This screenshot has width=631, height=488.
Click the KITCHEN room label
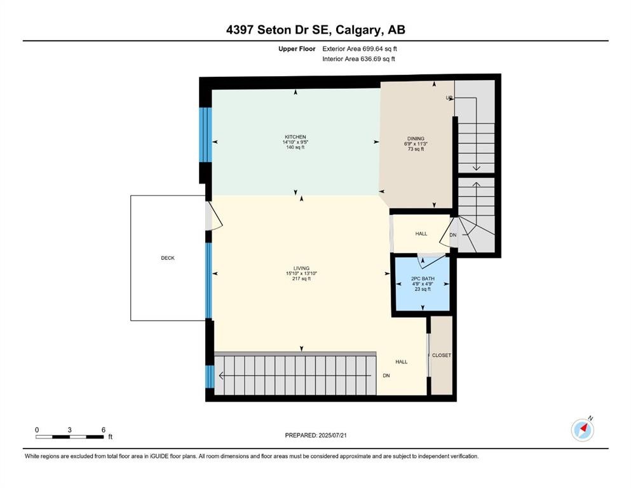coord(295,137)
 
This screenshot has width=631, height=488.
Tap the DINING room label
coord(416,139)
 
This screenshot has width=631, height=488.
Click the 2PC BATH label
coord(421,278)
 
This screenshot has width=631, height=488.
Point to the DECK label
coord(167,258)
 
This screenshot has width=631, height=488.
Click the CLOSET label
coord(441,355)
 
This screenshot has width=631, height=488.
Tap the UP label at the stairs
coord(449,98)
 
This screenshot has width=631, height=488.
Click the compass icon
coord(582,430)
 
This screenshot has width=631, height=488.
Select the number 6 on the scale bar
coord(103,430)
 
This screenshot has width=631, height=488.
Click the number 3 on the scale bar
coord(70,430)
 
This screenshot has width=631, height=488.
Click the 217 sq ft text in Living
coord(301,278)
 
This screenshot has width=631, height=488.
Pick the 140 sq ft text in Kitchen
coord(295,147)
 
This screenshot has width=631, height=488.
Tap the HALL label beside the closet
coord(401,362)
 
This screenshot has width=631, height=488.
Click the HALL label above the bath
coord(421,234)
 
